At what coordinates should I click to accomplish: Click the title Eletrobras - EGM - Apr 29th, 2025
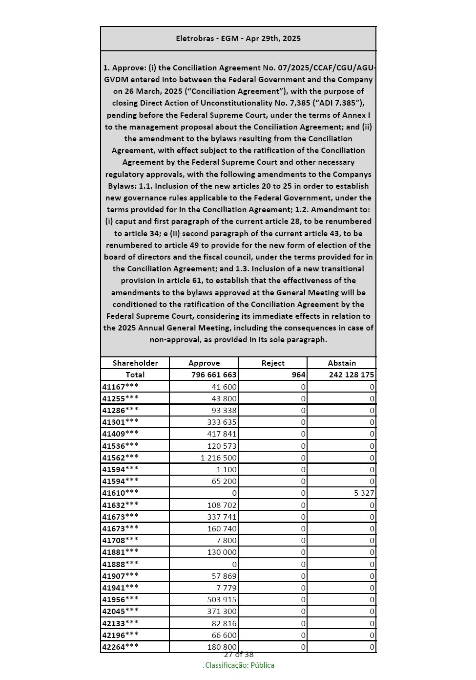click(x=238, y=39)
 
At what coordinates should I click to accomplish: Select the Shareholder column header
click(x=135, y=363)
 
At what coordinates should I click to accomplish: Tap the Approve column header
click(x=204, y=363)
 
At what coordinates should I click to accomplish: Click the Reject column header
click(x=273, y=363)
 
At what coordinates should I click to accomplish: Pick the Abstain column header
click(x=342, y=363)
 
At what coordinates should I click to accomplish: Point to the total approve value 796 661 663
click(x=214, y=375)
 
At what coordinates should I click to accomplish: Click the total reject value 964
click(x=298, y=375)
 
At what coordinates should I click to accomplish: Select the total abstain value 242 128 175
click(x=352, y=375)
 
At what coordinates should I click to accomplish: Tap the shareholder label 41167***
click(x=120, y=387)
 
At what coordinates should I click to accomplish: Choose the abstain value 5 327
click(x=364, y=493)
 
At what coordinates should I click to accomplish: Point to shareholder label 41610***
click(x=120, y=493)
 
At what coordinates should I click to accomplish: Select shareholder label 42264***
click(x=120, y=647)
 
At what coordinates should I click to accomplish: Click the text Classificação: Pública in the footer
click(x=239, y=665)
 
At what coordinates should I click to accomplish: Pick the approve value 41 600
click(x=224, y=387)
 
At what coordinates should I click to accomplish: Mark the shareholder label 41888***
click(x=120, y=564)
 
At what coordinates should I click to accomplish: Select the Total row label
click(x=135, y=375)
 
